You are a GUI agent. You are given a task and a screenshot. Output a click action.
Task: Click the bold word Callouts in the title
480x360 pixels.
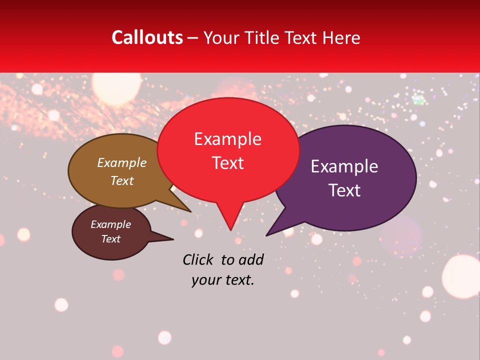pyautogui.click(x=147, y=37)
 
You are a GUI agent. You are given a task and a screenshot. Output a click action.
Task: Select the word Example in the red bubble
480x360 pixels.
pyautogui.click(x=227, y=139)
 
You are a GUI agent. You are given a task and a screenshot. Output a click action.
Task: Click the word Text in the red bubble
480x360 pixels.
pyautogui.click(x=227, y=163)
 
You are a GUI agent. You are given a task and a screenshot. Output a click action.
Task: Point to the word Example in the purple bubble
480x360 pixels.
pyautogui.click(x=344, y=166)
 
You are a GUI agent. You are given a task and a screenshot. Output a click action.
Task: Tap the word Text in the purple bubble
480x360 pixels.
pyautogui.click(x=344, y=190)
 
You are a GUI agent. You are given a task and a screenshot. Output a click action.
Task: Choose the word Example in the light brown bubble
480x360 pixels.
pyautogui.click(x=122, y=162)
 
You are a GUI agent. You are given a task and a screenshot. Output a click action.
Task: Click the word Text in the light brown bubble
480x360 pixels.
pyautogui.click(x=122, y=180)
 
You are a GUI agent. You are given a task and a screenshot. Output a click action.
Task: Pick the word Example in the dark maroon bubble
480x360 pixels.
pyautogui.click(x=110, y=224)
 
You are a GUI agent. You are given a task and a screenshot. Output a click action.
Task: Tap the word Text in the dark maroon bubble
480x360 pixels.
pyautogui.click(x=110, y=239)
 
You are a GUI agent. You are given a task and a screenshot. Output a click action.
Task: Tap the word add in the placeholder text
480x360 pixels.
pyautogui.click(x=251, y=259)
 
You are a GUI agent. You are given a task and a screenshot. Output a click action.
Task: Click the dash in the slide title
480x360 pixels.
pyautogui.click(x=193, y=37)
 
